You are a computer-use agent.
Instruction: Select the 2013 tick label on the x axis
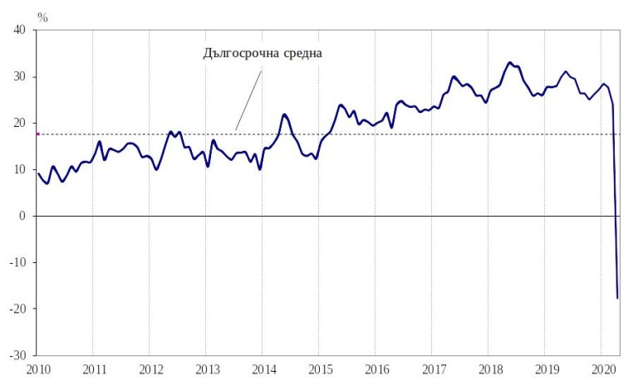click(x=207, y=368)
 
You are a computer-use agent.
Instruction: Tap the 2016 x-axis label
click(x=376, y=368)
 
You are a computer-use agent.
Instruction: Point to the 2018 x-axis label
click(x=489, y=368)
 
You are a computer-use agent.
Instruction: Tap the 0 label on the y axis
click(x=23, y=217)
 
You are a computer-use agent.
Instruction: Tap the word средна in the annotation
click(x=301, y=53)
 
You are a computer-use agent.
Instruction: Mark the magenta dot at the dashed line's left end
click(x=38, y=134)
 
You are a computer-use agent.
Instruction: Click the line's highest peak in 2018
click(x=510, y=62)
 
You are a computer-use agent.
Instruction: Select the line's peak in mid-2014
click(x=284, y=115)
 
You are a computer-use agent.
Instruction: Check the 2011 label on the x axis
click(x=94, y=368)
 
